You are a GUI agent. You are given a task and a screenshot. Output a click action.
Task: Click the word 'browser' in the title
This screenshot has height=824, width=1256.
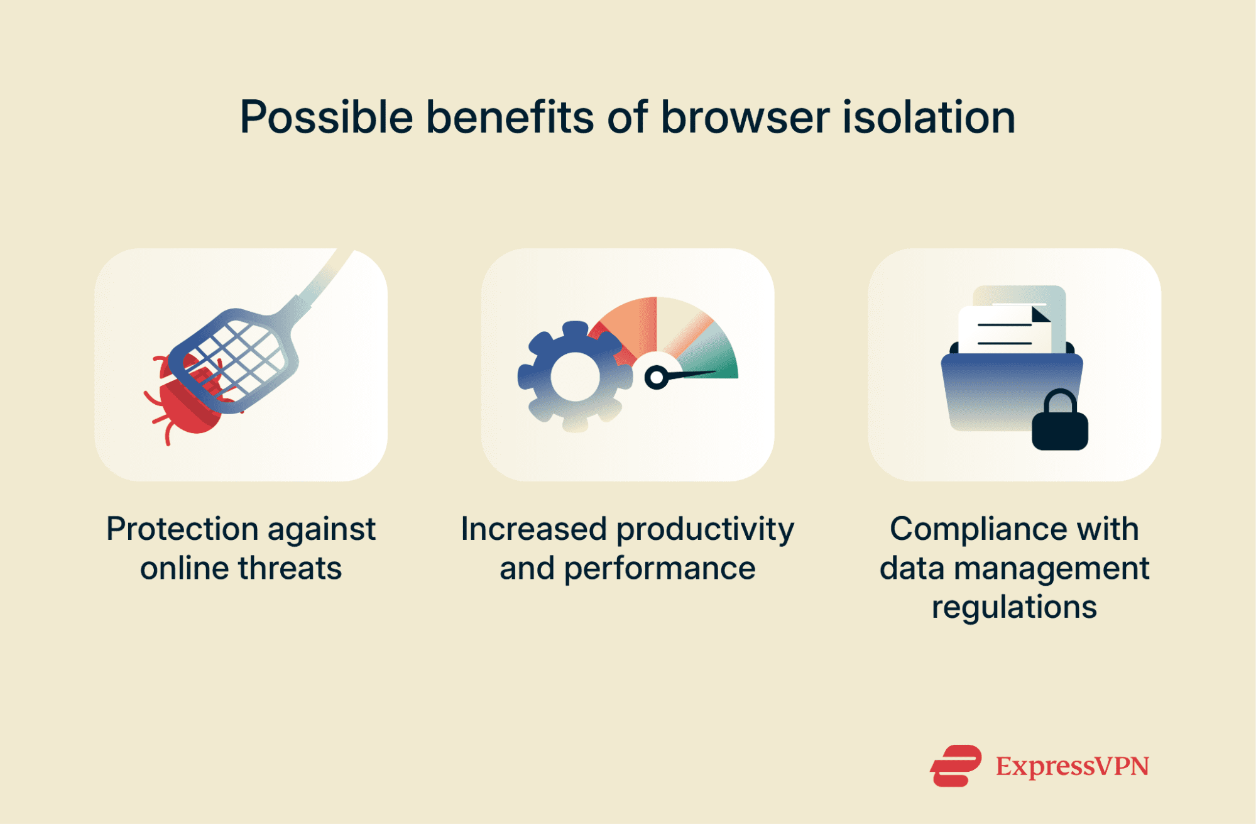point(745,118)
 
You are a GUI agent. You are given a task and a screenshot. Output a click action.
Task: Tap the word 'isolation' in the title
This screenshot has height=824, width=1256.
point(929,118)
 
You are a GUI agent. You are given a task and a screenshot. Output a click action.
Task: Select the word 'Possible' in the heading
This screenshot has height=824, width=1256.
point(326,118)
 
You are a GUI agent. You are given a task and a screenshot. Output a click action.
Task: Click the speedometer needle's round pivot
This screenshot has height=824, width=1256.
point(656,377)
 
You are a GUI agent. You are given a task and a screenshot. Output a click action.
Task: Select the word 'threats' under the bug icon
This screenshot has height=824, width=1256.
point(290,568)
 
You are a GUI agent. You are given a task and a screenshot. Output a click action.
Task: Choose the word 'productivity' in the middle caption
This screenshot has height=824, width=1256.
point(705,529)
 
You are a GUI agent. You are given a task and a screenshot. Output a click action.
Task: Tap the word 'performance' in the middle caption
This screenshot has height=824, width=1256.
point(660,568)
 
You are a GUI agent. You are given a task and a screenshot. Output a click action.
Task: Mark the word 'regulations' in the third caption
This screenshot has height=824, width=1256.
point(1014,607)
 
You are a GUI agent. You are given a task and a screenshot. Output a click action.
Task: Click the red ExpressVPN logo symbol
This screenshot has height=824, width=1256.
point(955,766)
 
